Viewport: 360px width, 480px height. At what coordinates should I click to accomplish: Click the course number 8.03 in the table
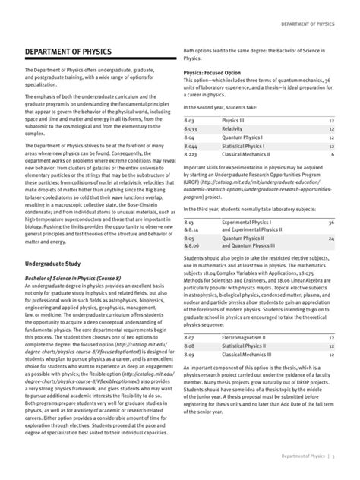click(191, 121)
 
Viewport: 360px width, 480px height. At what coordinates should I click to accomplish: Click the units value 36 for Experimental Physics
click(330, 223)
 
